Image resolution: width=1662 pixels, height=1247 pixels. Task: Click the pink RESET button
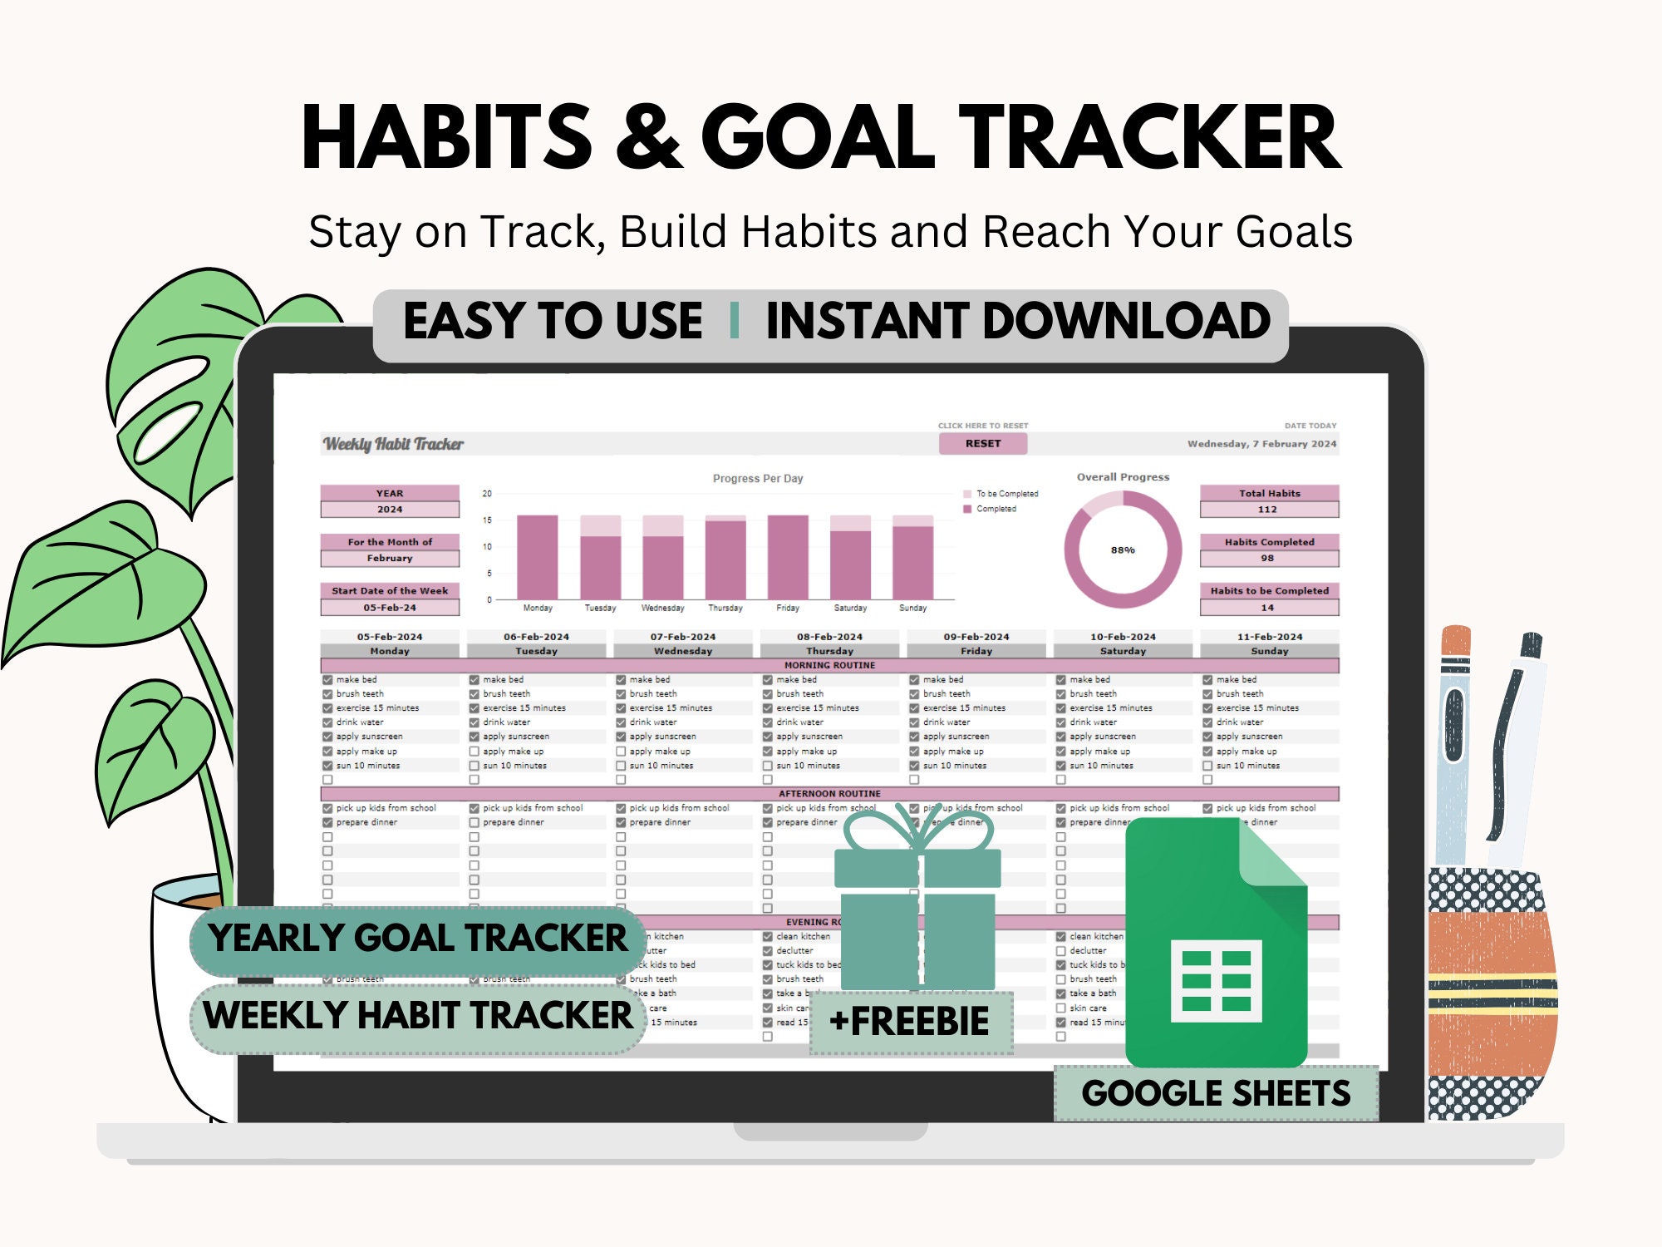point(983,444)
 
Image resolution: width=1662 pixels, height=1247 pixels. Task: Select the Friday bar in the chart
point(788,556)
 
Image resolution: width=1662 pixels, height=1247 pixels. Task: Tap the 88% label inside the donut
point(1123,550)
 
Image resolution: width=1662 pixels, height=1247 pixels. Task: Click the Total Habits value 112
point(1268,510)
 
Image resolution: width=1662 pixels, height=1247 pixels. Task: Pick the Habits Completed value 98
point(1268,559)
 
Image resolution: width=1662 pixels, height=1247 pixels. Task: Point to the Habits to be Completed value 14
point(1268,608)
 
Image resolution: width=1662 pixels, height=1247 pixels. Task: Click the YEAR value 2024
point(390,510)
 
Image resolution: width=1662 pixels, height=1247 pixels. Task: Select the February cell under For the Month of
point(390,559)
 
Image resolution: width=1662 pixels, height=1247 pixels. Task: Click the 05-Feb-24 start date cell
point(390,608)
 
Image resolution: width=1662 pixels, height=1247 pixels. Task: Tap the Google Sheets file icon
point(1216,944)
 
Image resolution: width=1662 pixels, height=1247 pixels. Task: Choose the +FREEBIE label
point(911,1022)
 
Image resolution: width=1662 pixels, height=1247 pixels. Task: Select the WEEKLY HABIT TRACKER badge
point(418,1016)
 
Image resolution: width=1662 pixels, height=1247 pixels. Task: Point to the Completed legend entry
point(996,509)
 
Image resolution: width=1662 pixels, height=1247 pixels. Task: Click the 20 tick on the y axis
point(487,494)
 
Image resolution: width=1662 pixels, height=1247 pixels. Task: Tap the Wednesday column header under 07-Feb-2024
point(683,652)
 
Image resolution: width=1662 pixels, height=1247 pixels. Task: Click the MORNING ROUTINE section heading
point(829,666)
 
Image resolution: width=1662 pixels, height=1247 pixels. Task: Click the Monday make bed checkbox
point(327,680)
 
